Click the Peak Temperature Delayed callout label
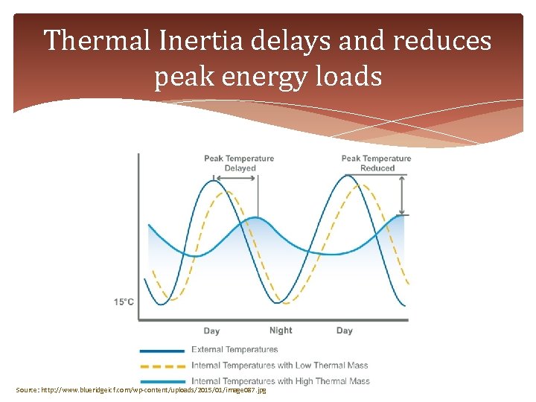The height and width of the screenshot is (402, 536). pyautogui.click(x=239, y=163)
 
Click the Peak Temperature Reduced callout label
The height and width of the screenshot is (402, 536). pyautogui.click(x=376, y=163)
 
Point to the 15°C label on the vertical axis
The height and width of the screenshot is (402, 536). pyautogui.click(x=124, y=301)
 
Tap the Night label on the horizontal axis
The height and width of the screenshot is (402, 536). pyautogui.click(x=281, y=331)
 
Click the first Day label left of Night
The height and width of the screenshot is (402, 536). pyautogui.click(x=211, y=331)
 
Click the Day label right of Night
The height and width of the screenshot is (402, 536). pyautogui.click(x=344, y=331)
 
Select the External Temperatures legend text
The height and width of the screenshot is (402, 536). pyautogui.click(x=234, y=349)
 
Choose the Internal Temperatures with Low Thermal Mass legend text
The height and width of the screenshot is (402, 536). pyautogui.click(x=279, y=365)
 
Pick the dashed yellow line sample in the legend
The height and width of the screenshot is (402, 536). pyautogui.click(x=162, y=366)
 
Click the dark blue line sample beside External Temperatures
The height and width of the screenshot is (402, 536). pyautogui.click(x=162, y=350)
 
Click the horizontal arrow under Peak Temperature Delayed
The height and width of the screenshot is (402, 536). pyautogui.click(x=235, y=177)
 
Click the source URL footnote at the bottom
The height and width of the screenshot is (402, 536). pyautogui.click(x=141, y=390)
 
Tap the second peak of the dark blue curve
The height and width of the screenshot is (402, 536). pyautogui.click(x=346, y=176)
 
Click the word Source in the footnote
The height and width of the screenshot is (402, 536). pyautogui.click(x=27, y=390)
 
